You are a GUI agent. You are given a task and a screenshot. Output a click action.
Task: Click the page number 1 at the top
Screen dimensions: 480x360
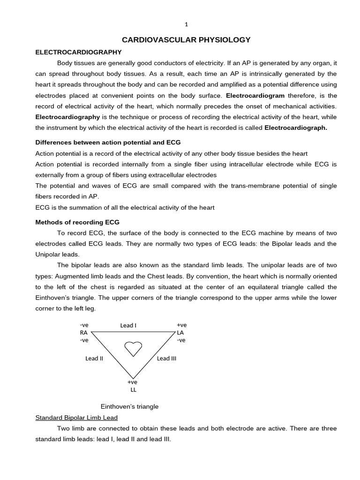coord(186,25)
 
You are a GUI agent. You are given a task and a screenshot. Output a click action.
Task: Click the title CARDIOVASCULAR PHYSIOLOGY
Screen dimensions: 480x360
coord(186,40)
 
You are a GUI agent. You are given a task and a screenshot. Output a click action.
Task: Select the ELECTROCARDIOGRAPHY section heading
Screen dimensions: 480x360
coord(79,52)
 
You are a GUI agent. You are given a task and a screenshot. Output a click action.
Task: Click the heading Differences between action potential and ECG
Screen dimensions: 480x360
coord(108,142)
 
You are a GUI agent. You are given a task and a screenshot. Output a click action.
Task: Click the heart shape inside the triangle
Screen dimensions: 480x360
coord(133,349)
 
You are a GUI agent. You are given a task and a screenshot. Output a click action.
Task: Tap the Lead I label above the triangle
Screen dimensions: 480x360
coord(128,325)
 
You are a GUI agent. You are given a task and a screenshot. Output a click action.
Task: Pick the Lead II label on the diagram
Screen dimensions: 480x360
coord(94,359)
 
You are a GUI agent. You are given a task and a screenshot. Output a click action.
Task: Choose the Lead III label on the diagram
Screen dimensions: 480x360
coord(166,359)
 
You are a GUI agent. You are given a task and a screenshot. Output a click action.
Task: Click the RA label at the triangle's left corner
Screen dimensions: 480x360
coord(84,332)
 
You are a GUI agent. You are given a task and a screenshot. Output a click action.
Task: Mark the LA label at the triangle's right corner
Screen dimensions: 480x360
coord(180,332)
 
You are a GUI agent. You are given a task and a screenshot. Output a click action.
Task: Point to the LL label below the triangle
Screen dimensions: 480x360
coord(133,390)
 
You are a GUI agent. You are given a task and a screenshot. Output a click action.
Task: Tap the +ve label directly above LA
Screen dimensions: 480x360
coord(181,325)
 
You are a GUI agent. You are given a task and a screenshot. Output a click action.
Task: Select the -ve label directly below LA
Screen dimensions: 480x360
coord(181,340)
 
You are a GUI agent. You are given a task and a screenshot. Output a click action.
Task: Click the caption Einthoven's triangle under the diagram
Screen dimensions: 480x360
coord(130,406)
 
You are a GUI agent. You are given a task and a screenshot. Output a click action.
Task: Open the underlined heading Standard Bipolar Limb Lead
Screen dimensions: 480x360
coord(76,417)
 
